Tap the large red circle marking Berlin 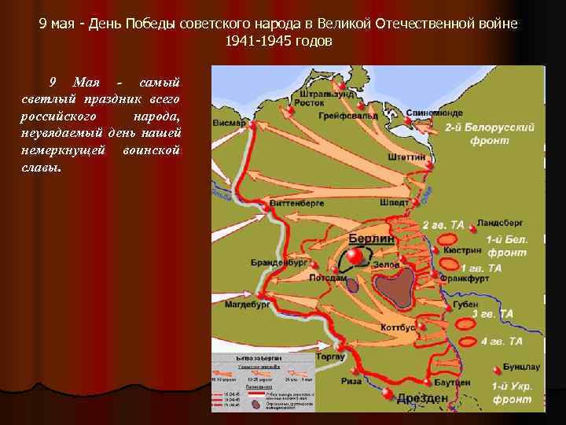(x=355, y=257)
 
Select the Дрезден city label (x=422, y=398)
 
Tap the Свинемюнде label (x=435, y=113)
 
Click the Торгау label (x=330, y=357)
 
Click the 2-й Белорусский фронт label (x=490, y=133)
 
